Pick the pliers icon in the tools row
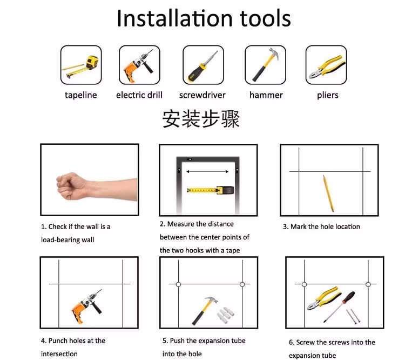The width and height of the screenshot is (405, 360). pos(327,66)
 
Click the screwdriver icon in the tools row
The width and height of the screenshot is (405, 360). pos(203,66)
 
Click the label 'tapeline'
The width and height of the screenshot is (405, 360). pos(81,95)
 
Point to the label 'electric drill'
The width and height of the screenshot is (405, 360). pos(139,95)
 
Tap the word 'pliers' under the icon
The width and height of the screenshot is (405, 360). pos(328,95)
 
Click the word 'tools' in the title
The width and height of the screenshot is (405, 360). pos(265,18)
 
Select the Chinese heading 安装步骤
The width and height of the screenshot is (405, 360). pos(201,119)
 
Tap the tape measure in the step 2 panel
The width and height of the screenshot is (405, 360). pos(211,190)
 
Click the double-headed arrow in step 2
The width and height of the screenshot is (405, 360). pos(207,171)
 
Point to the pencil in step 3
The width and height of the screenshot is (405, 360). pos(328,193)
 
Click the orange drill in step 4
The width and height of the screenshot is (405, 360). pos(86,306)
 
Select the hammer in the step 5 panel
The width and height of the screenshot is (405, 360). pos(205,310)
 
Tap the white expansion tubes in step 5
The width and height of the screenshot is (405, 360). pos(226,315)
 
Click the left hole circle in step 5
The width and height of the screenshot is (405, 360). pos(178,284)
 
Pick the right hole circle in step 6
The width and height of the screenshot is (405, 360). pos(368,284)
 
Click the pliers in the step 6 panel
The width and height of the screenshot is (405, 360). pos(324,298)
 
